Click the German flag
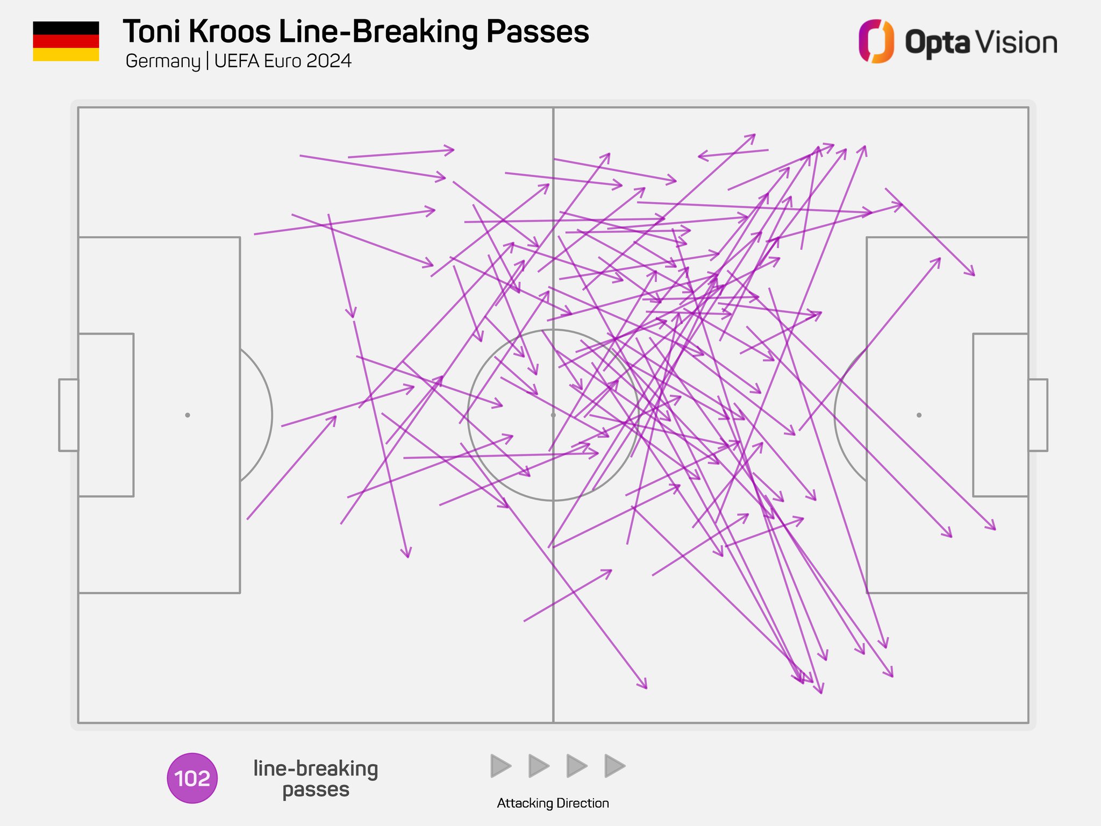pyautogui.click(x=66, y=41)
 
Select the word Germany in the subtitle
pyautogui.click(x=162, y=61)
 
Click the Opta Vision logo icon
pyautogui.click(x=876, y=41)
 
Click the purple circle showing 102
pyautogui.click(x=192, y=778)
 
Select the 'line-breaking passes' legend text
pyautogui.click(x=316, y=779)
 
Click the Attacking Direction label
pyautogui.click(x=553, y=803)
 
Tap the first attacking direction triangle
pyautogui.click(x=501, y=766)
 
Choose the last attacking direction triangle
pyautogui.click(x=614, y=766)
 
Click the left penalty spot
pyautogui.click(x=187, y=415)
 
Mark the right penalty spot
pyautogui.click(x=919, y=415)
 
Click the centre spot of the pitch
pyautogui.click(x=553, y=415)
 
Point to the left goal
pyautogui.click(x=68, y=415)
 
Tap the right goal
pyautogui.click(x=1038, y=415)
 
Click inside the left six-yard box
pyautogui.click(x=106, y=415)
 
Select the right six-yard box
pyautogui.click(x=1000, y=415)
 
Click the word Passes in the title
pyautogui.click(x=538, y=32)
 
